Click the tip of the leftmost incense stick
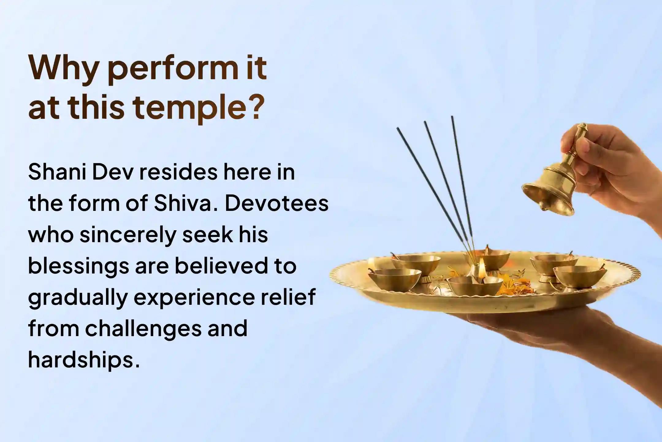(x=398, y=129)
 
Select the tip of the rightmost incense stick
(x=452, y=117)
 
